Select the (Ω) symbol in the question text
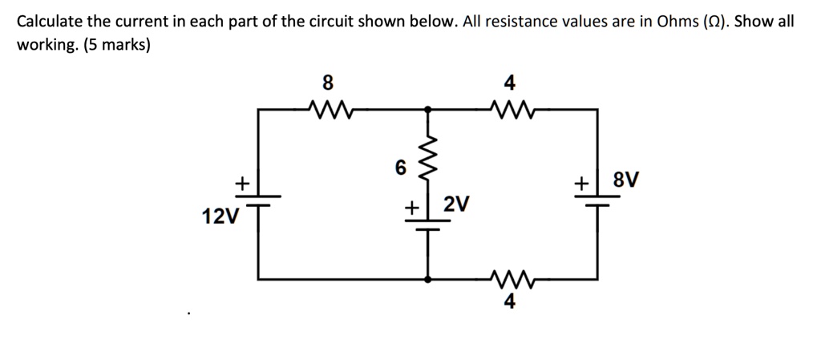point(714,22)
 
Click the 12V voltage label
point(220,216)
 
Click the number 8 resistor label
point(326,82)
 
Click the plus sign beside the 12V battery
point(239,184)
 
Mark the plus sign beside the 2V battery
point(411,208)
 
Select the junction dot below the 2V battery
point(428,278)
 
